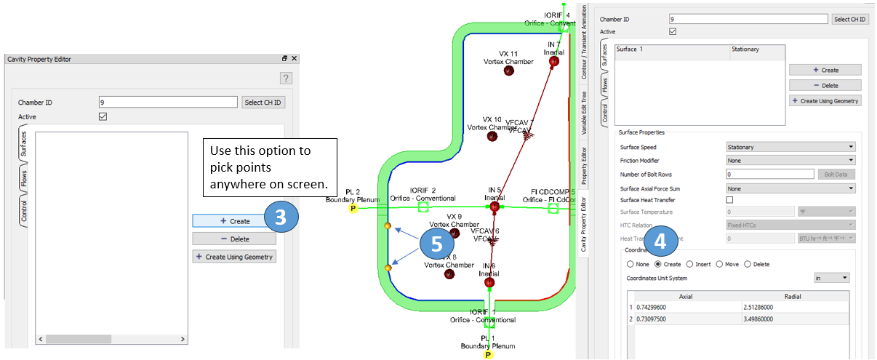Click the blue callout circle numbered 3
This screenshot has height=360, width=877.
click(280, 217)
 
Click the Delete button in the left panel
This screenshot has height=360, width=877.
click(234, 239)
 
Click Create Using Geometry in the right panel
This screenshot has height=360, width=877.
click(825, 101)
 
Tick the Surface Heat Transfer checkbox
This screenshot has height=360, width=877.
click(730, 199)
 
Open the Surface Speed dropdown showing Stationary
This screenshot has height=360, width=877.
click(790, 147)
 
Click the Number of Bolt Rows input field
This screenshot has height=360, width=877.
click(769, 174)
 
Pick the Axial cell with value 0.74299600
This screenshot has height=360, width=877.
click(686, 307)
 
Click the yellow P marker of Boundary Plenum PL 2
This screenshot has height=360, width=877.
click(353, 208)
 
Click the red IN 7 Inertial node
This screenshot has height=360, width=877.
click(553, 62)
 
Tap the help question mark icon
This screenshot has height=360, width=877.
click(286, 79)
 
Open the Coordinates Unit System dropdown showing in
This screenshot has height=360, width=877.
click(831, 278)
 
